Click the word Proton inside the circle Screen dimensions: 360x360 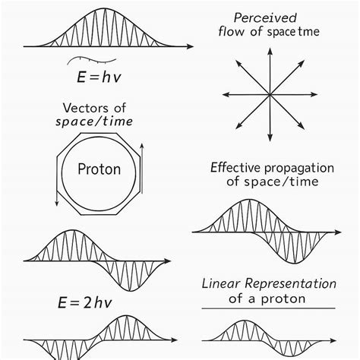pos(99,169)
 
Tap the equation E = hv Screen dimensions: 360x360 pos(99,77)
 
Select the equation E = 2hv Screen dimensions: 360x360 pos(85,302)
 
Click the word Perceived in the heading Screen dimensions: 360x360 pos(265,18)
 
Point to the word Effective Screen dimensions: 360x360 pos(235,168)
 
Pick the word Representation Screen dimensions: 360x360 pos(290,284)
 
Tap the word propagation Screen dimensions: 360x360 pos(298,169)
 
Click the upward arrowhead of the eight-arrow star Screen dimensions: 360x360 pos(270,51)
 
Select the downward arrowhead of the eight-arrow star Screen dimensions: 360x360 pos(270,137)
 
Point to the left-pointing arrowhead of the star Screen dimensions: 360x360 pos(226,95)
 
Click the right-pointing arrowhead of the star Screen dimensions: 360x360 pos(314,95)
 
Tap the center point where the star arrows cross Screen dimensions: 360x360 pos(270,95)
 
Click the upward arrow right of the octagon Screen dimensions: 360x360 pos(142,169)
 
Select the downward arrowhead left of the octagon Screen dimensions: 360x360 pos(57,203)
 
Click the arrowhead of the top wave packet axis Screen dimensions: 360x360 pos(190,46)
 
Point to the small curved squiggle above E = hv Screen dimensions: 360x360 pos(92,60)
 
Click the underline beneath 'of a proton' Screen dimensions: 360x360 pos(269,308)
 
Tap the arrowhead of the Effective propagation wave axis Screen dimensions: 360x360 pos(338,232)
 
